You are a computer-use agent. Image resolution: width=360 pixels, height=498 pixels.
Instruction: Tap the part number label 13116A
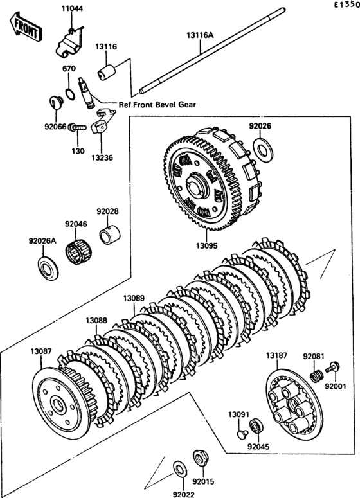click(x=200, y=35)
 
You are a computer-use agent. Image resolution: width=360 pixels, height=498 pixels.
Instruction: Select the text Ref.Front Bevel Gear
click(x=157, y=104)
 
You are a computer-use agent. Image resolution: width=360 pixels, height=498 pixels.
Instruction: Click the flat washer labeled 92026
click(x=263, y=148)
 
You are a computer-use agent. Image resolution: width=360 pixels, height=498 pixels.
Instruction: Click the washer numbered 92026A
click(x=48, y=268)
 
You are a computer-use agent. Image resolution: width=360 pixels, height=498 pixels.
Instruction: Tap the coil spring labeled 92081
click(x=316, y=376)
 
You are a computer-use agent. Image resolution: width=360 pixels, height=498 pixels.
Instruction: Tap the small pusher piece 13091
click(x=242, y=434)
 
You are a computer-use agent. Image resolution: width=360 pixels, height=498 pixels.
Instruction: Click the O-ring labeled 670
click(x=70, y=94)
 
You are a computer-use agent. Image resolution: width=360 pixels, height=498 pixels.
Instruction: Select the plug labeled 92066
click(x=57, y=102)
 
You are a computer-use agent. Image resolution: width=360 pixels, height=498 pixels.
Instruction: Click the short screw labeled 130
click(x=78, y=128)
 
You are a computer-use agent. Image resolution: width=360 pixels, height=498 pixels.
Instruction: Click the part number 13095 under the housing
click(x=206, y=245)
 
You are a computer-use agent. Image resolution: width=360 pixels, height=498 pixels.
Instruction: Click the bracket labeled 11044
click(x=70, y=44)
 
